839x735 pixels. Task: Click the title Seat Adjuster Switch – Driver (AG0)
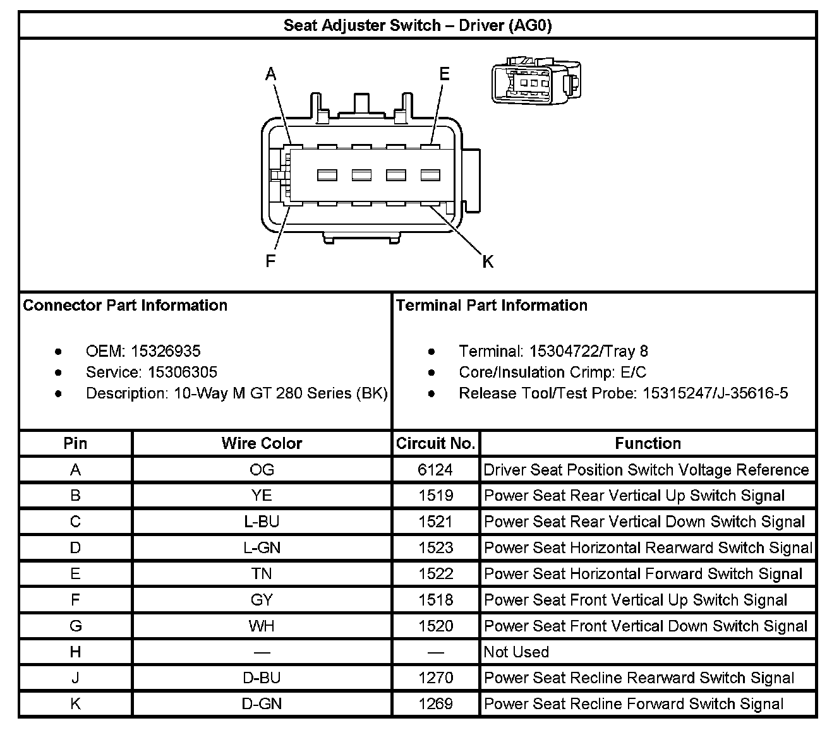pyautogui.click(x=417, y=25)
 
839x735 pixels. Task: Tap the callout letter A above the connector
pyautogui.click(x=271, y=75)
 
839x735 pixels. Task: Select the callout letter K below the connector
pyautogui.click(x=488, y=261)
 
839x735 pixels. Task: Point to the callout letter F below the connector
pyautogui.click(x=270, y=261)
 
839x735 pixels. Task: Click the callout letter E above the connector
pyautogui.click(x=444, y=75)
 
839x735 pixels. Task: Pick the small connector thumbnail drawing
pyautogui.click(x=536, y=81)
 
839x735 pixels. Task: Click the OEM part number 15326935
pyautogui.click(x=166, y=351)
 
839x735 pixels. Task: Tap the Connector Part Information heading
pyautogui.click(x=125, y=306)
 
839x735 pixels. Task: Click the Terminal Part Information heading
pyautogui.click(x=492, y=306)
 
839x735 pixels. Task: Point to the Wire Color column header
pyautogui.click(x=262, y=443)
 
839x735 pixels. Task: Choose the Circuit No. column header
pyautogui.click(x=435, y=443)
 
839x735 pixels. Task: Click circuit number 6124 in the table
pyautogui.click(x=435, y=470)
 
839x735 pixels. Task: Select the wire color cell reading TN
pyautogui.click(x=262, y=574)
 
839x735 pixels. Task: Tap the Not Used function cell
pyautogui.click(x=516, y=652)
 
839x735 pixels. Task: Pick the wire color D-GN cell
pyautogui.click(x=262, y=703)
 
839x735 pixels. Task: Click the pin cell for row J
pyautogui.click(x=75, y=678)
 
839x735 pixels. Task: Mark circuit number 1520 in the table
pyautogui.click(x=435, y=626)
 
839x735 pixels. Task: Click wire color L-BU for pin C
pyautogui.click(x=262, y=522)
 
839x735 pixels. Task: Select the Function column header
pyautogui.click(x=648, y=443)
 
